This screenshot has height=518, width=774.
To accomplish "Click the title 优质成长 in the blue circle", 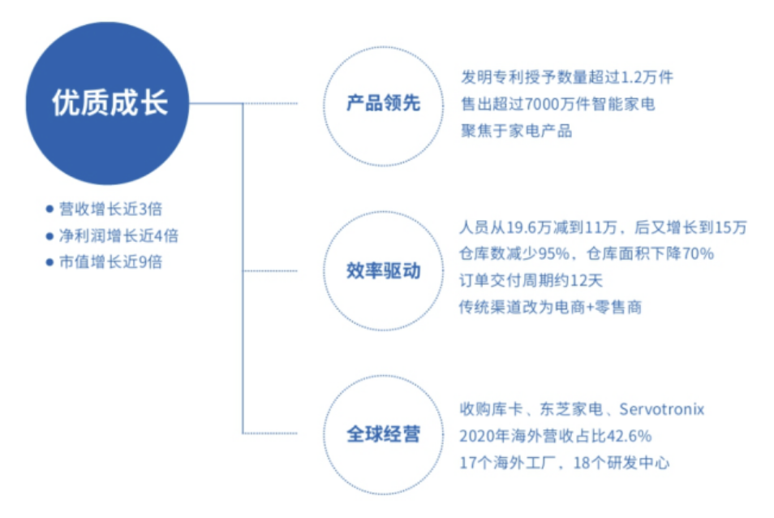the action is pos(110,103).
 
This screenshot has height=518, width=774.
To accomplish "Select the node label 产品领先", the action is pos(383,103).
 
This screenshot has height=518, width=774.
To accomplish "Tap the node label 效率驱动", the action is pos(383,270).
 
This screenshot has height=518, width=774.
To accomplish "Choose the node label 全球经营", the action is pos(383,434).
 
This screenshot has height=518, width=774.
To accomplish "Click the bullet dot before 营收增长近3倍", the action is pos(49,209).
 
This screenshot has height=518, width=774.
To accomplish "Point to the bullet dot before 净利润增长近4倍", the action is pos(49,236).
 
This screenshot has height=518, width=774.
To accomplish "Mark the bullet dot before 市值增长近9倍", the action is pos(49,262).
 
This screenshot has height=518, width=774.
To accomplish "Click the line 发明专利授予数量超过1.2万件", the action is pos(567,77).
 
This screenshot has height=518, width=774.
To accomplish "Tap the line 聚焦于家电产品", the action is pos(516,131).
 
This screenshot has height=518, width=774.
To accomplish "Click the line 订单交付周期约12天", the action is pos(531,280).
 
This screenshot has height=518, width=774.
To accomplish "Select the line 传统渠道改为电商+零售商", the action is pos(550,307).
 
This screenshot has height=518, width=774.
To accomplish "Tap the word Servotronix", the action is pos(661,409).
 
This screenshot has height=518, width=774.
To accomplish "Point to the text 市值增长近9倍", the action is pos(111,262).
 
